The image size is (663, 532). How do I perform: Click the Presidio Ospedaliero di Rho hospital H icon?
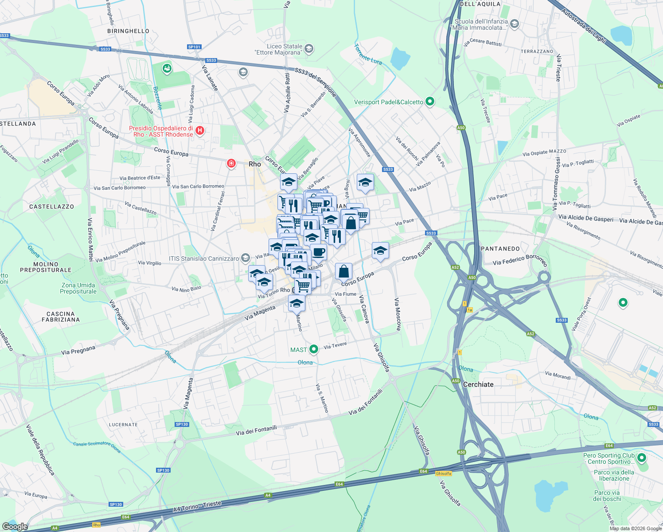(200, 131)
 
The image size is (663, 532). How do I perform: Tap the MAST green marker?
(314, 349)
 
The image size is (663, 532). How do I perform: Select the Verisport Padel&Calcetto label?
(388, 102)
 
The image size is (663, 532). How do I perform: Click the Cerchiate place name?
(478, 384)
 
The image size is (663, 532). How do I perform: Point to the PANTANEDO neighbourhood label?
(500, 249)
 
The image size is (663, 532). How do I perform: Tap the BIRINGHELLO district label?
(129, 31)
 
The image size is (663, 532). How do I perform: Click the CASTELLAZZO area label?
(52, 207)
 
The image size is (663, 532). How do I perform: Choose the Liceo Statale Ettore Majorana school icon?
(309, 49)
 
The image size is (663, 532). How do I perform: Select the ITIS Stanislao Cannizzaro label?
(203, 258)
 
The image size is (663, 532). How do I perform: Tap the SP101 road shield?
(194, 47)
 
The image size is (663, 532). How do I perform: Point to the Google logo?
(15, 527)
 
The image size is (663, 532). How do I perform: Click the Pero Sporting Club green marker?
(641, 458)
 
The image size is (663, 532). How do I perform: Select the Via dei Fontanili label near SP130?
(256, 430)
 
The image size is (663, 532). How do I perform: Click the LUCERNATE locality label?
(123, 425)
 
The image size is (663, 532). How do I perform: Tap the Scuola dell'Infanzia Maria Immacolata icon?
(515, 24)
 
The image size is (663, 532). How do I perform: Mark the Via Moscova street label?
(398, 313)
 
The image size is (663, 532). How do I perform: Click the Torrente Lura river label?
(368, 54)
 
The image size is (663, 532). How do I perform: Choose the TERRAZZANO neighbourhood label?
(537, 51)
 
